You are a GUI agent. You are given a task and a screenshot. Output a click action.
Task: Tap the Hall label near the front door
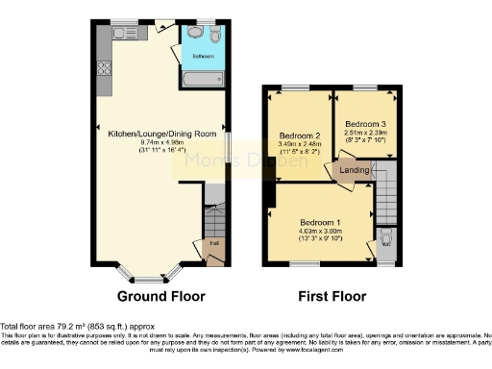pos(212,242)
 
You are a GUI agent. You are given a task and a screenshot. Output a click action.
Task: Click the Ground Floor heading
pos(160,296)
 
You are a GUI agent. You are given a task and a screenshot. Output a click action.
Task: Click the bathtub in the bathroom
pos(203,73)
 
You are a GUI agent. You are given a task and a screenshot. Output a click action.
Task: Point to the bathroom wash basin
pos(196,35)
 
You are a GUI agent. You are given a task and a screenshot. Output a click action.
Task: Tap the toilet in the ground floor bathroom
pos(215,35)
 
